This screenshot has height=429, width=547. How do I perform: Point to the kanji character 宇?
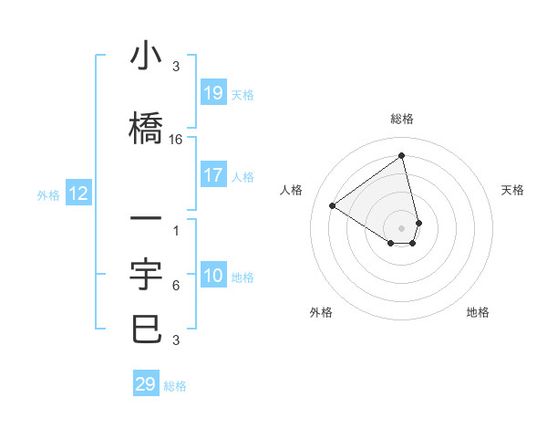(x=147, y=273)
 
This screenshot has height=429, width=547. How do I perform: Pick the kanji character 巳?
(x=147, y=328)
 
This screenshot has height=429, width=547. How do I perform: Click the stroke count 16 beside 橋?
(x=176, y=140)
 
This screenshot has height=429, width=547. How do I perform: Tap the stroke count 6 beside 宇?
(x=176, y=286)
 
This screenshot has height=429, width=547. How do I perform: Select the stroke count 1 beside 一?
(x=176, y=231)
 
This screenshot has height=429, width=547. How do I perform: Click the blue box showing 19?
(x=212, y=93)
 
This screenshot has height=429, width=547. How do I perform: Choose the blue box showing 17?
(x=212, y=175)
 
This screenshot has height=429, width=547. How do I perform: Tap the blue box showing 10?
(x=212, y=276)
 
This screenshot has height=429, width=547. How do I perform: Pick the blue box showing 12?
(x=78, y=194)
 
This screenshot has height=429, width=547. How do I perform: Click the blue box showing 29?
(x=145, y=384)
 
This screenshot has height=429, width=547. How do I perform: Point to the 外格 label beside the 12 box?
(x=48, y=194)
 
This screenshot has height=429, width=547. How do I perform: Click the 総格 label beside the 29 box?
(x=175, y=386)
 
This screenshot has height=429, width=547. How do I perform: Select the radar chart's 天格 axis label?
(x=512, y=190)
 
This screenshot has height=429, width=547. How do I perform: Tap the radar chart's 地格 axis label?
(x=478, y=312)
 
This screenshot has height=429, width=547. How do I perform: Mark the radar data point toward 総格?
(x=402, y=155)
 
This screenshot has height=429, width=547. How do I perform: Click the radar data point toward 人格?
(x=333, y=205)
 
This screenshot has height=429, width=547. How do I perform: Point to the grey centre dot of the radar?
(x=402, y=227)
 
